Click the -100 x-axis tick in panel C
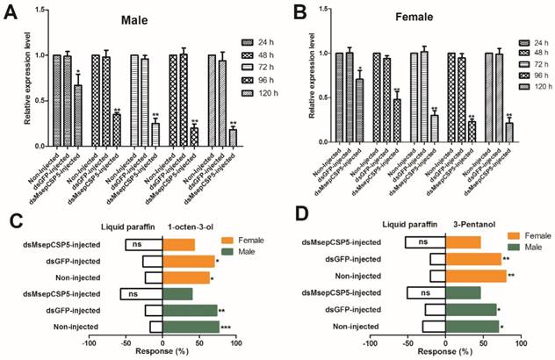[x=87, y=342]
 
